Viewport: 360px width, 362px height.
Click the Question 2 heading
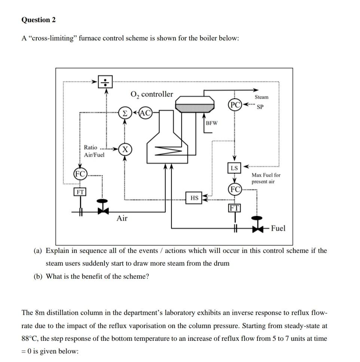pos(38,20)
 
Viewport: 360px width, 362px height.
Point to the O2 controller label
pos(152,94)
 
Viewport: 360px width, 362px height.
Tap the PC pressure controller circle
pos(234,104)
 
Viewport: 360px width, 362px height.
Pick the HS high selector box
pos(194,198)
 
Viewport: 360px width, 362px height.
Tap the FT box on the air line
pos(79,192)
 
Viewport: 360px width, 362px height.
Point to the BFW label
pos(212,123)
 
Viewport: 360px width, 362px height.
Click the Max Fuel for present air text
pos(266,178)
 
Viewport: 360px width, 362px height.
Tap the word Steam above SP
pos(261,97)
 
